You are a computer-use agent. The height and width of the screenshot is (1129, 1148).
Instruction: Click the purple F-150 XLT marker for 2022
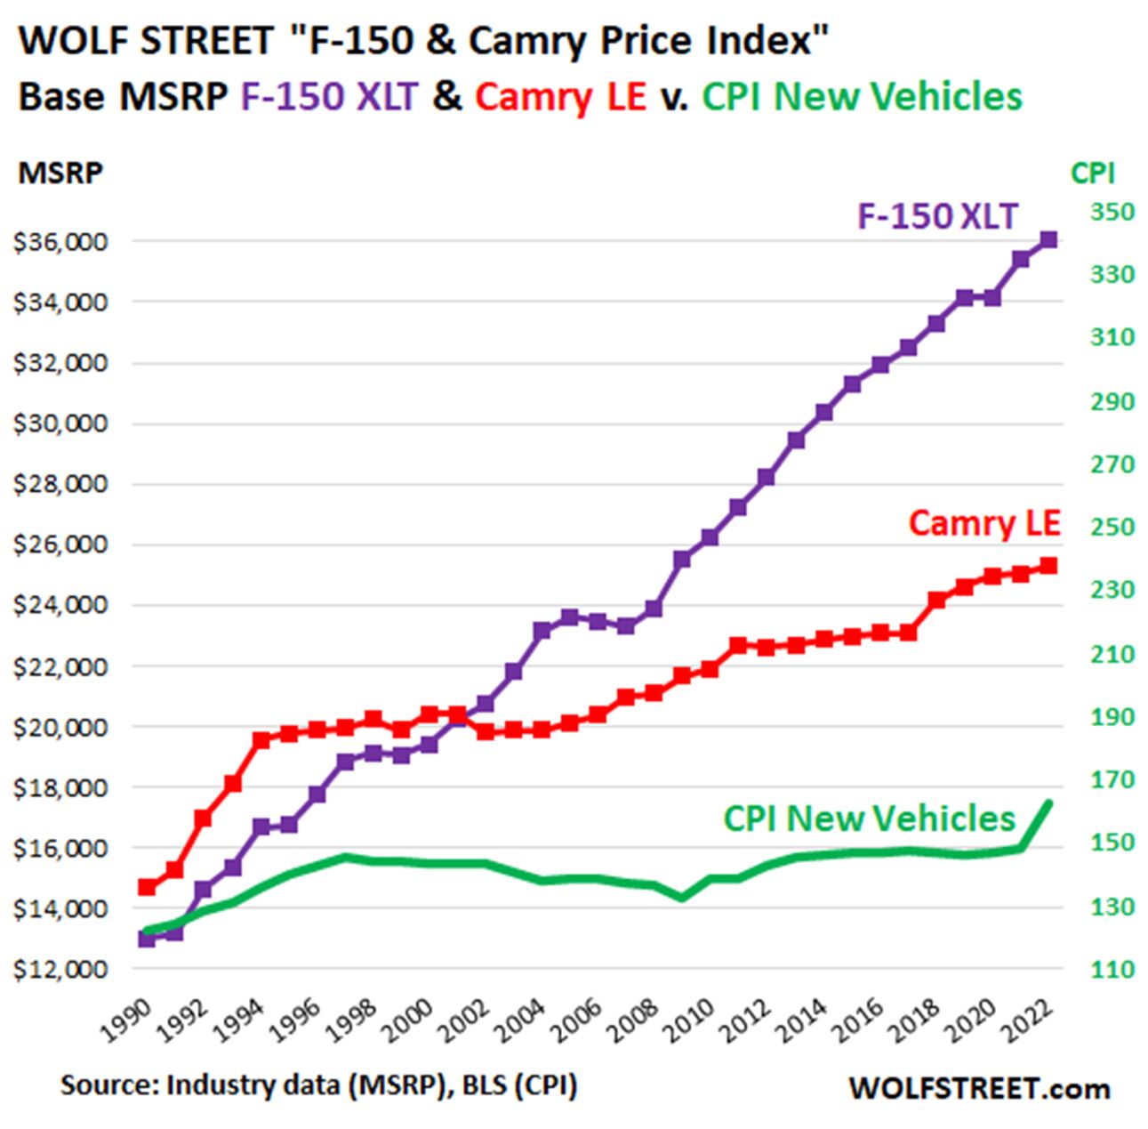click(x=1048, y=239)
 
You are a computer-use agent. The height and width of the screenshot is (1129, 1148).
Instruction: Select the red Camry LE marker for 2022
click(x=1048, y=566)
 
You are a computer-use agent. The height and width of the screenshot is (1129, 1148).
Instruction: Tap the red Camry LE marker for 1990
click(x=147, y=887)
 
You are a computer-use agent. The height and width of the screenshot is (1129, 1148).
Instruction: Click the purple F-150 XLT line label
click(x=936, y=216)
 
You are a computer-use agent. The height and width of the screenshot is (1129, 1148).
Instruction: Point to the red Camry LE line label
click(x=983, y=523)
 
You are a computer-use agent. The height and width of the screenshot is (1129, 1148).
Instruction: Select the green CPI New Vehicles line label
click(x=869, y=819)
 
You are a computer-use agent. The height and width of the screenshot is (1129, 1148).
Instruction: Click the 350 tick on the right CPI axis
click(x=1112, y=212)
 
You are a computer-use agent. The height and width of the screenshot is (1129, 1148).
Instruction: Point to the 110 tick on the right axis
click(x=1112, y=969)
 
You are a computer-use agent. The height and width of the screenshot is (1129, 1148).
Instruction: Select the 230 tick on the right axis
click(x=1112, y=590)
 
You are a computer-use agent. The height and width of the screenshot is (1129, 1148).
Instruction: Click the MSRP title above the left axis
click(x=60, y=173)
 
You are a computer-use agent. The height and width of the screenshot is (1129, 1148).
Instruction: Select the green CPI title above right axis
click(x=1093, y=173)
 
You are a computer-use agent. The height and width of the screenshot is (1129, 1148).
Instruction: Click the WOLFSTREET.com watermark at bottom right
click(x=979, y=1088)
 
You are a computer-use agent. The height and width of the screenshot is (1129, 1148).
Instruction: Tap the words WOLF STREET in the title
click(x=147, y=41)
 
